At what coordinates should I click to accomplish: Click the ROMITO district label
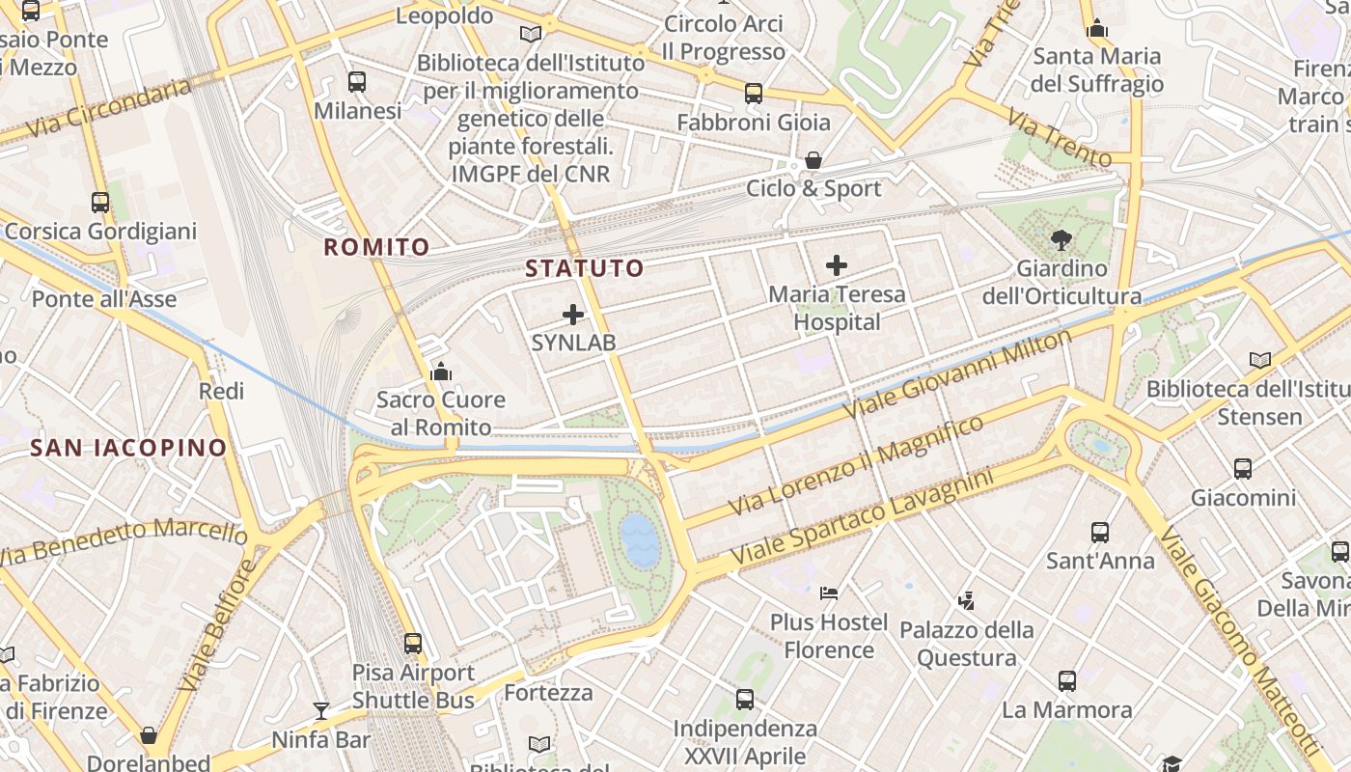click(x=376, y=247)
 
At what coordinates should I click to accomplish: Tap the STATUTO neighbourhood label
click(x=584, y=268)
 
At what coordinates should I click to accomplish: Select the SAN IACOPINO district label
click(x=128, y=448)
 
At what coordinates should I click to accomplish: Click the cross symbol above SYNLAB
click(x=573, y=315)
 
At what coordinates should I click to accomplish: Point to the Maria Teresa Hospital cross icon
click(x=837, y=265)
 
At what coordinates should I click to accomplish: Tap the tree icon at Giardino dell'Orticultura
click(x=1061, y=239)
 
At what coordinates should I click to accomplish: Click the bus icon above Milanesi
click(x=357, y=82)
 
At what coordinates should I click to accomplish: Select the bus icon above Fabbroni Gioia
click(x=754, y=94)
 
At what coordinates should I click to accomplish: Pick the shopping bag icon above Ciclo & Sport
click(x=813, y=160)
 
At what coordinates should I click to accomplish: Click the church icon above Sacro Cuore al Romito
click(x=441, y=372)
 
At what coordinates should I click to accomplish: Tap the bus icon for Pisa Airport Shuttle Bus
click(x=413, y=644)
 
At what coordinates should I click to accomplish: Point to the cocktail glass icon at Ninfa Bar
click(x=321, y=712)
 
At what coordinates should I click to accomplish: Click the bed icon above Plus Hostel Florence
click(x=829, y=593)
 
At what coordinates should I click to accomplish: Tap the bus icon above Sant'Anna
click(x=1100, y=532)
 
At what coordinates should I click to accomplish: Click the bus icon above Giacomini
click(x=1243, y=469)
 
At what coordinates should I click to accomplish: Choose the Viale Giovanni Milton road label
click(x=957, y=373)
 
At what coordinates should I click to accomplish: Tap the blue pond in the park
click(x=639, y=538)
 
